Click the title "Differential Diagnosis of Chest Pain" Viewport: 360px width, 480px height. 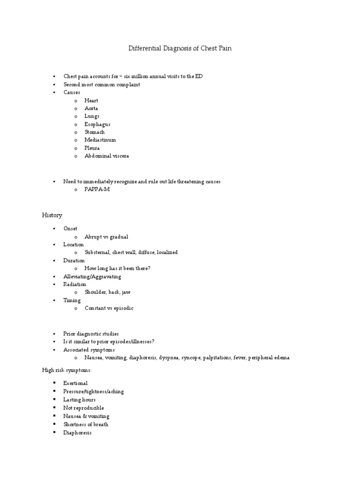(180, 48)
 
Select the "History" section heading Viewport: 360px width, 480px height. (52, 215)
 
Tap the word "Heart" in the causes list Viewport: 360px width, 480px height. (91, 101)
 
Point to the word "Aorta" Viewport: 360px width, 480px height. (91, 108)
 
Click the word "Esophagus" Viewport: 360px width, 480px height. (97, 124)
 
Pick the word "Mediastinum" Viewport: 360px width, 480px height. (100, 140)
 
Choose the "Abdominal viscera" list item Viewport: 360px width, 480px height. (106, 156)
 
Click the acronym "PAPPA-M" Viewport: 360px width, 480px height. (97, 189)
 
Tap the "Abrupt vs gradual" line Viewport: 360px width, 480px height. (106, 237)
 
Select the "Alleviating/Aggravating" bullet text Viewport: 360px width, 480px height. (92, 277)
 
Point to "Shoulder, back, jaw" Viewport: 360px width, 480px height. (108, 292)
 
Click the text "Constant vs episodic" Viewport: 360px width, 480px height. (109, 308)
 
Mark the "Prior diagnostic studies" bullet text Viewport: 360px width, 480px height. (91, 334)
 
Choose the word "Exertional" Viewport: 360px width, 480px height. (75, 383)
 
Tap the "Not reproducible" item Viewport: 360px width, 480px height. (83, 408)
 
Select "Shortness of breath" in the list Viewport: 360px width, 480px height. (86, 424)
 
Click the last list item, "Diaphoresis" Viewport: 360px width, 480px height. (77, 433)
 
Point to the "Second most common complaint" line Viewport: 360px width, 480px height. (102, 84)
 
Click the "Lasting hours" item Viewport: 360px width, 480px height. (79, 400)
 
